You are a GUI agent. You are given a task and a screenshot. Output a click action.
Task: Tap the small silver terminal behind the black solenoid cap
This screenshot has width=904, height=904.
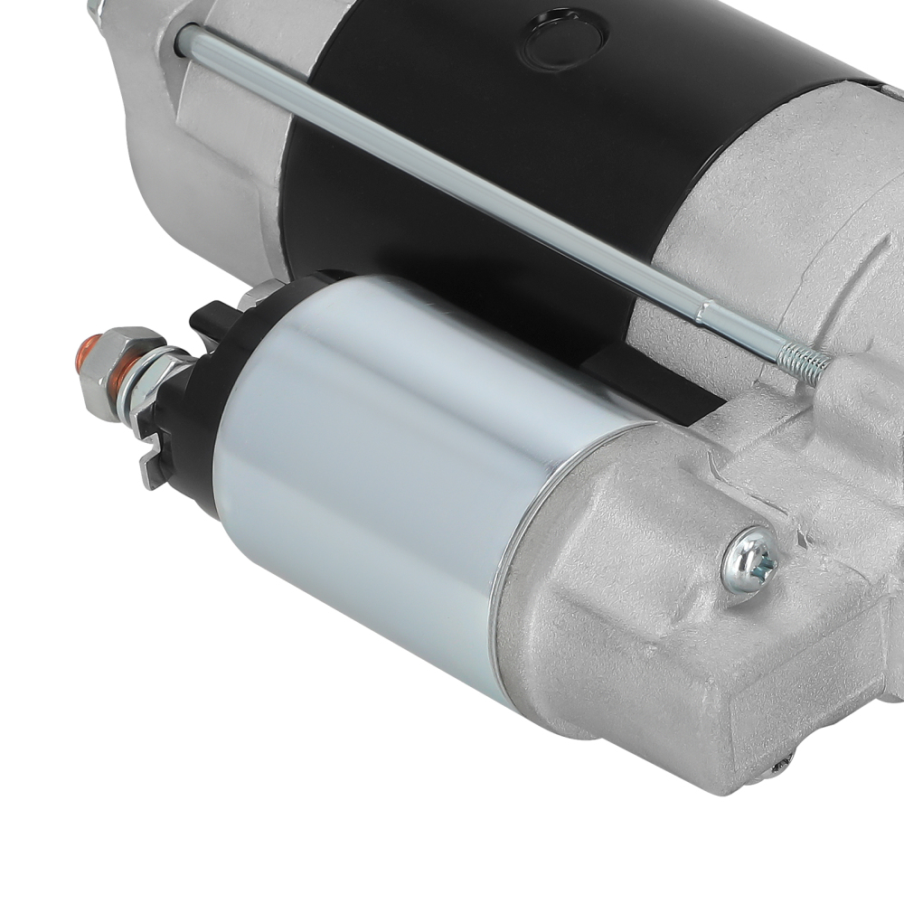261,291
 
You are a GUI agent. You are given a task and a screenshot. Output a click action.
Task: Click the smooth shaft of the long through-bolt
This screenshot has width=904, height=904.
452,172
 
